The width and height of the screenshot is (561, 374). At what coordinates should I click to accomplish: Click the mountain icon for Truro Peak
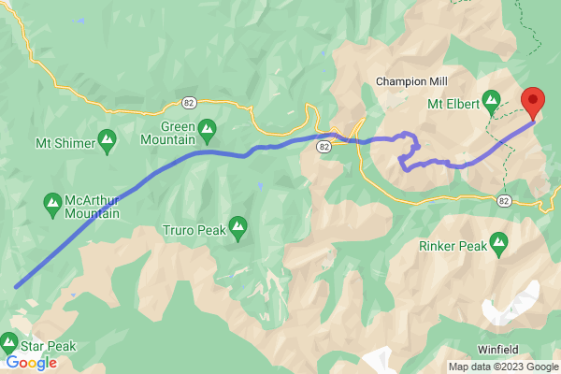pos(238,225)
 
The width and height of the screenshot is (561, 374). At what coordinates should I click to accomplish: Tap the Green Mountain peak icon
pos(207,127)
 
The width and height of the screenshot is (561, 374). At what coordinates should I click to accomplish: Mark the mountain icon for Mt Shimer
pos(107,141)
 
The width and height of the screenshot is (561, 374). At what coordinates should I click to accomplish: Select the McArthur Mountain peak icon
pos(52,200)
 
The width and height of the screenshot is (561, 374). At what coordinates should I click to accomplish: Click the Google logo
pos(31,363)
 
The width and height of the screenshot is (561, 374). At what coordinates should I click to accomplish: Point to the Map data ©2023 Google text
pos(503,367)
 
